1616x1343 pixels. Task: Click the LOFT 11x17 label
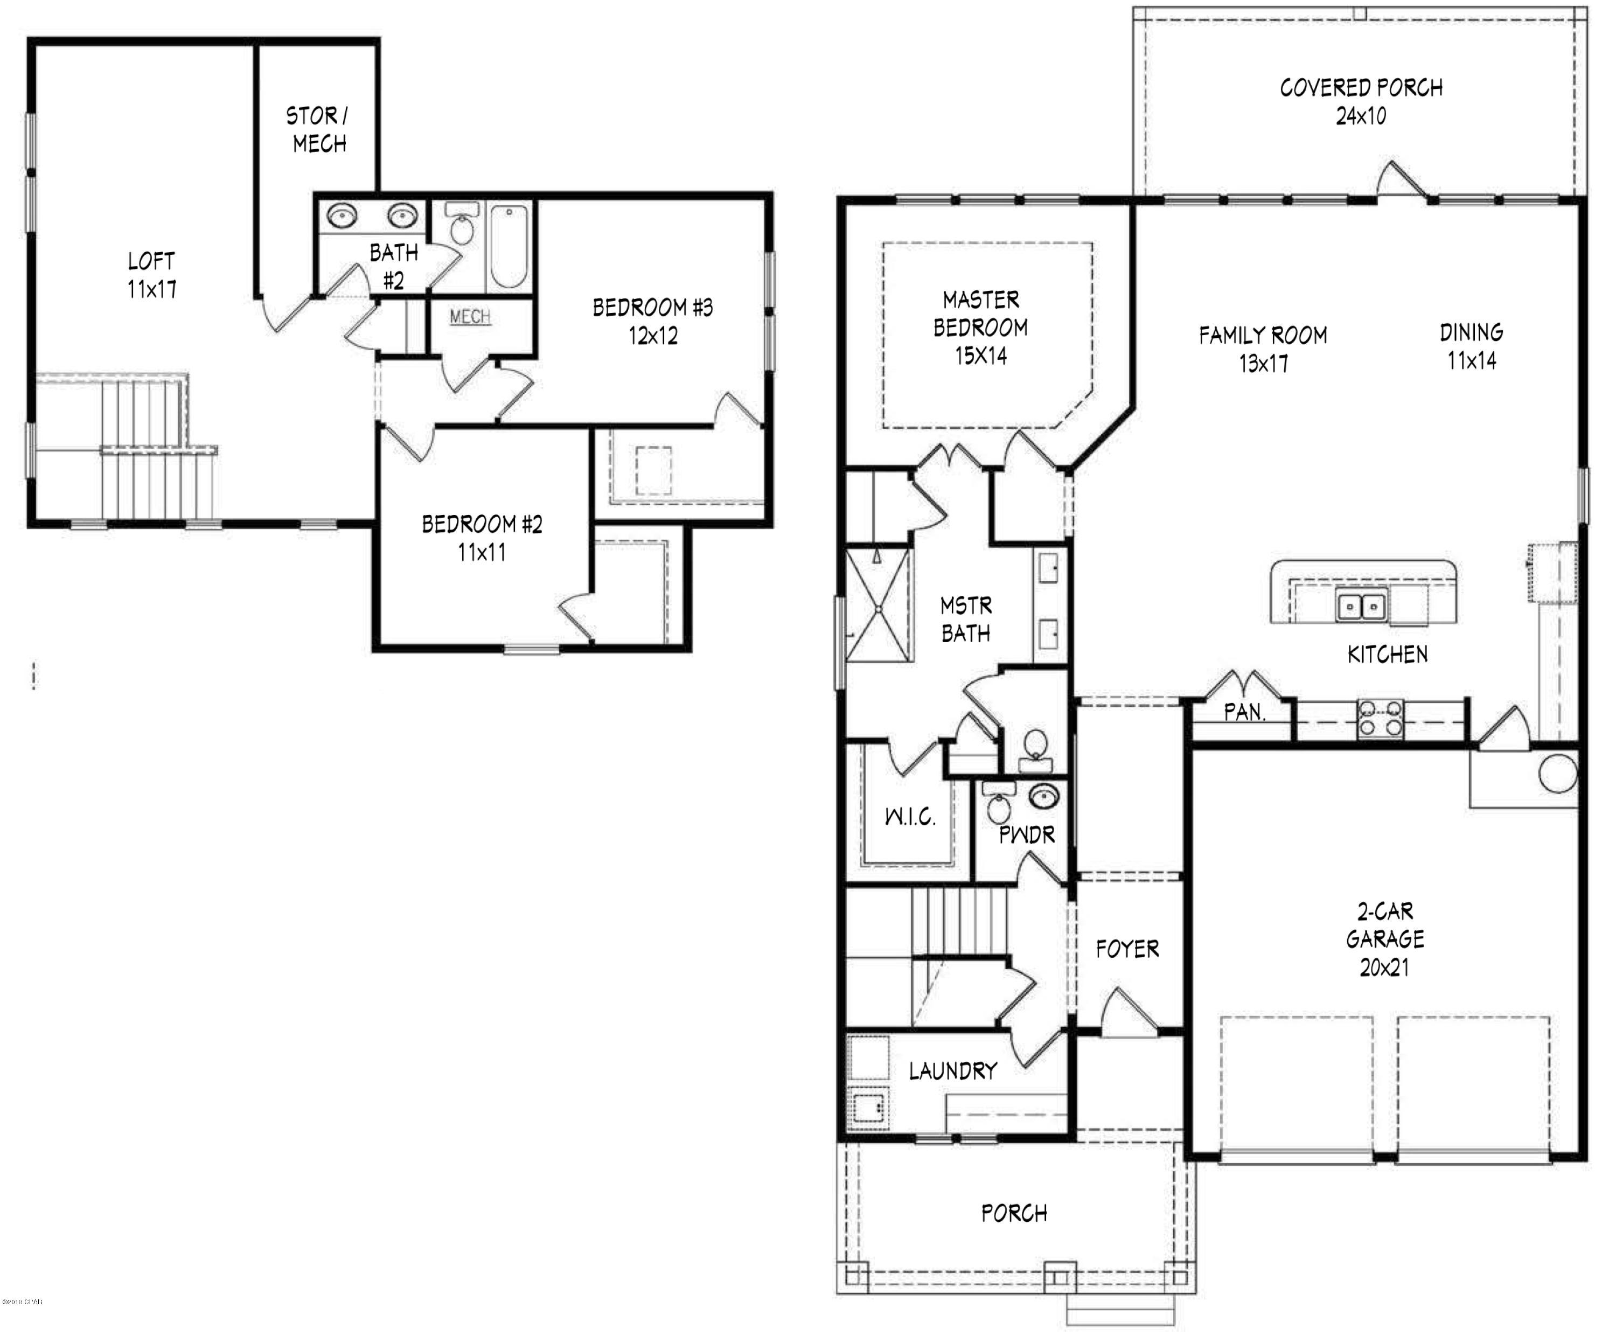point(151,275)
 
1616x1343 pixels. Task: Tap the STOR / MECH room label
point(318,129)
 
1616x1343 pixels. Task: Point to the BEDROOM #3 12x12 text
point(652,321)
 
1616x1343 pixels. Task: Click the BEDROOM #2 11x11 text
point(482,538)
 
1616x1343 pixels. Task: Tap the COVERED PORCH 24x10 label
point(1361,102)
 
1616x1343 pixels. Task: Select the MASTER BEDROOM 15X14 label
point(980,327)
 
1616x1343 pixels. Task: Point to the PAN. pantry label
point(1244,713)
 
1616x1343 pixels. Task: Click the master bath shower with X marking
point(879,606)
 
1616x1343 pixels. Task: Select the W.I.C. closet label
point(910,817)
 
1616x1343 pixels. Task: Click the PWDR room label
point(1027,835)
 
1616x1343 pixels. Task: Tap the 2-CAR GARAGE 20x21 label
point(1384,939)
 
